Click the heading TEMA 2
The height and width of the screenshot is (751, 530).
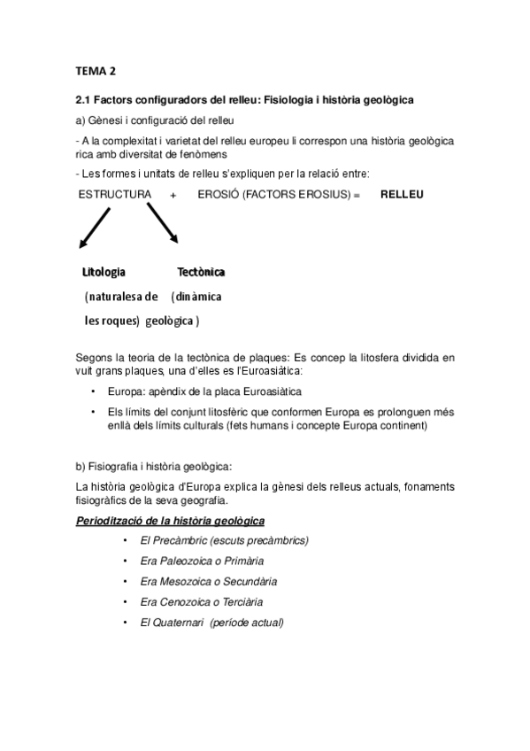(95, 71)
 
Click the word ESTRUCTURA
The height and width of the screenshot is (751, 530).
(115, 193)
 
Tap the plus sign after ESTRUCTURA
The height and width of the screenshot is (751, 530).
(174, 193)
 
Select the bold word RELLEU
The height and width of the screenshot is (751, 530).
(403, 193)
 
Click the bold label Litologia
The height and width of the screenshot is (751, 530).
(104, 271)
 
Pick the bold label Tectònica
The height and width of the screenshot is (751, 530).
(201, 271)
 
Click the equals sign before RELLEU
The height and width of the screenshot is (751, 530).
(357, 193)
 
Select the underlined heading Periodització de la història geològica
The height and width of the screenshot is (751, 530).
(171, 520)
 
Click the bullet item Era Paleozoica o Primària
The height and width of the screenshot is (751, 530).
(202, 561)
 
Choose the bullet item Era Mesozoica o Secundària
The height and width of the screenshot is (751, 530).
(208, 581)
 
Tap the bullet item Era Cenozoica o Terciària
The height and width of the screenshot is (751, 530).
(203, 602)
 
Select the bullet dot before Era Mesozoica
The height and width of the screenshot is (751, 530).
(129, 581)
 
